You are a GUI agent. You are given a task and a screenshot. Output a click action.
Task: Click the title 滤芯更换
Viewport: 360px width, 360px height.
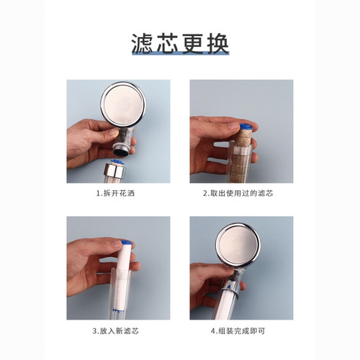point(180,43)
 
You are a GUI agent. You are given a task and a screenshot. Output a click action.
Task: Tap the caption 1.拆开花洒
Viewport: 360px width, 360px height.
point(119,194)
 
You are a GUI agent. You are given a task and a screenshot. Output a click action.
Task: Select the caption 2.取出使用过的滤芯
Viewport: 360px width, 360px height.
point(241,194)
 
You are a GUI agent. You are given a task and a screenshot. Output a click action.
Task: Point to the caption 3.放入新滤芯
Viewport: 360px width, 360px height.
point(119,331)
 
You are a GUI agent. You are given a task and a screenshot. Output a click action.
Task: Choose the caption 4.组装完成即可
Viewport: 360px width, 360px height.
point(241,331)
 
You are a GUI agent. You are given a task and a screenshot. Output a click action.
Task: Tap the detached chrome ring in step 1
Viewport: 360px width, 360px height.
point(114,172)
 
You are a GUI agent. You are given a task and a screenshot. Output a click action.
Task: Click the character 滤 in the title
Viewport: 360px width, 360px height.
point(143,43)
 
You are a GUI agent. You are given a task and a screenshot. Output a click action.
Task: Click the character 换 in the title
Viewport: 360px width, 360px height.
point(217,43)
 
